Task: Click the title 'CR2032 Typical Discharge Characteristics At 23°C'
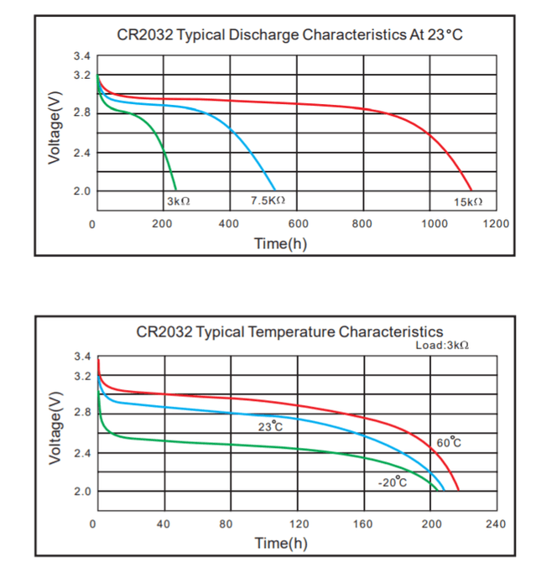tap(289, 35)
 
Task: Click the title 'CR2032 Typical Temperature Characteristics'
tap(289, 331)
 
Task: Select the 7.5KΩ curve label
tap(268, 200)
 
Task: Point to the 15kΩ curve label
tap(468, 202)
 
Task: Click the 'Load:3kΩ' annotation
tap(442, 345)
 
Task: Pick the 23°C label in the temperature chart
tap(270, 427)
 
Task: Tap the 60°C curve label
tap(449, 442)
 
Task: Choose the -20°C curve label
tap(392, 481)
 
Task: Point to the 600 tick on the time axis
tap(298, 224)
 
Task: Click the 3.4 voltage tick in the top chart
tap(81, 57)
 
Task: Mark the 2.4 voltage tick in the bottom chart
tap(81, 453)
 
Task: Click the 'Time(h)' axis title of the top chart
tap(281, 243)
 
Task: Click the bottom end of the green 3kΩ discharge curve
tap(176, 190)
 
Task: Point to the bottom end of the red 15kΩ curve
tap(472, 190)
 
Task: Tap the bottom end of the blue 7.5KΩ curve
tap(275, 190)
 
